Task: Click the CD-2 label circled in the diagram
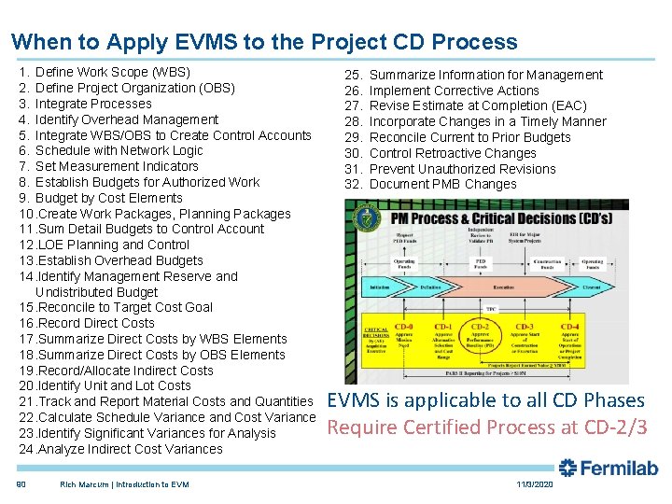[x=480, y=328]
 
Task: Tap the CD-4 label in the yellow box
[x=569, y=328]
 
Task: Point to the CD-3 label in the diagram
[x=525, y=328]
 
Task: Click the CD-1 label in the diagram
[x=442, y=328]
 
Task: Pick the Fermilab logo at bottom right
[x=608, y=469]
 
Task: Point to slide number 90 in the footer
[x=21, y=484]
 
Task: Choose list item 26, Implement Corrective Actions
[x=454, y=91]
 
